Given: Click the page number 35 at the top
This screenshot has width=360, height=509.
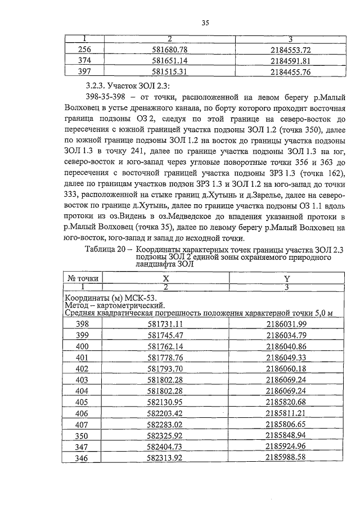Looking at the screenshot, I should click(x=205, y=22).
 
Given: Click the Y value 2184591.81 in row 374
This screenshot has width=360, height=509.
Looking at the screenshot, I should click(x=291, y=61).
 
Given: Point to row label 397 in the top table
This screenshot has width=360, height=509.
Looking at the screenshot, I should click(x=83, y=71).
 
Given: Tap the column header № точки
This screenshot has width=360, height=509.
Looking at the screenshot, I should click(x=83, y=278).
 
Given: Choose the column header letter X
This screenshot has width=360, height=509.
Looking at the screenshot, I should click(x=166, y=278).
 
